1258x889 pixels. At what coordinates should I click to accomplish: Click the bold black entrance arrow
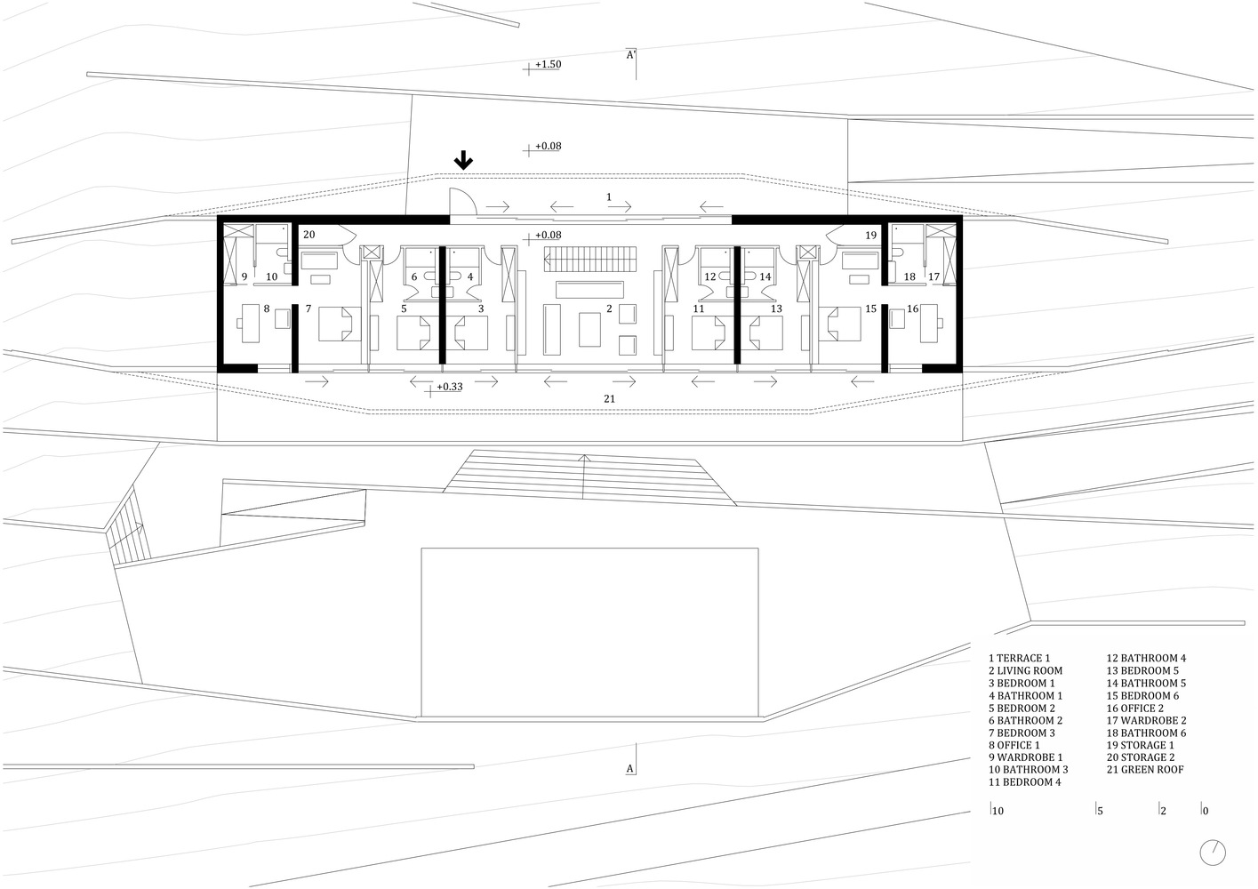[463, 160]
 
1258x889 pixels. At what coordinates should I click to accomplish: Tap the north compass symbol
[1213, 853]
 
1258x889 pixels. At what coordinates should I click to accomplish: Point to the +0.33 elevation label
[449, 387]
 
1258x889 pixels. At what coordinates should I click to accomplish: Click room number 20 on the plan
[308, 235]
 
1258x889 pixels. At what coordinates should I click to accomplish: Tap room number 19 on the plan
[870, 236]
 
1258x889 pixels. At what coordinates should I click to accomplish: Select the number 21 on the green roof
[609, 399]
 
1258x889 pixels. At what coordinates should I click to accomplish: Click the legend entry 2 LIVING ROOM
[1025, 670]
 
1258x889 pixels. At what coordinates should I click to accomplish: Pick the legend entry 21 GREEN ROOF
[1145, 769]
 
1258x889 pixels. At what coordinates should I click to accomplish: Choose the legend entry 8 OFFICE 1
[1014, 745]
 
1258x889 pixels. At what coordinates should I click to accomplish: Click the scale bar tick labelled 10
[997, 811]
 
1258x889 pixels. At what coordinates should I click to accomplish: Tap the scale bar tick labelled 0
[1205, 811]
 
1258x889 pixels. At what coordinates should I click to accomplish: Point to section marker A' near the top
[630, 55]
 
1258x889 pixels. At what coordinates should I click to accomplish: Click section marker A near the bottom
[630, 769]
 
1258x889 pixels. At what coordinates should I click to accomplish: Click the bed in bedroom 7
[340, 324]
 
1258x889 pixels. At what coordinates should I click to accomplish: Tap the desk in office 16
[929, 323]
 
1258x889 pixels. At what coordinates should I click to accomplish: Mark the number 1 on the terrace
[609, 197]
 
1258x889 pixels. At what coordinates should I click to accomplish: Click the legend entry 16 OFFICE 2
[1135, 708]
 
